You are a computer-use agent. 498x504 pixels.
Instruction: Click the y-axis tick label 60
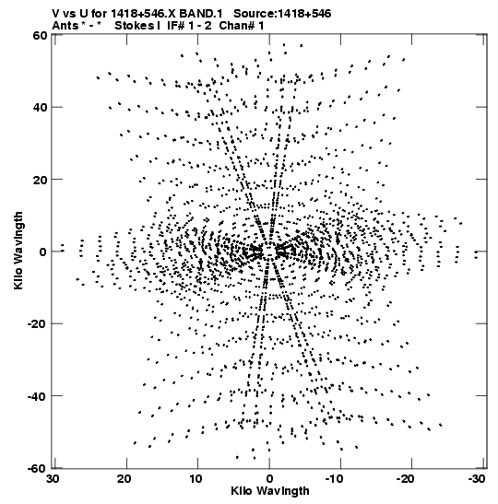coord(40,35)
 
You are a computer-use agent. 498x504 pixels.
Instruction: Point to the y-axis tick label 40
coord(40,107)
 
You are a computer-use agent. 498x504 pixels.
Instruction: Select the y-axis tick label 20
coord(40,179)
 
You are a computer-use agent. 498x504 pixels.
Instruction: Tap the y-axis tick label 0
coord(43,252)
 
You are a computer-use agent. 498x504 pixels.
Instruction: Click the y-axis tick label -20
coord(37,323)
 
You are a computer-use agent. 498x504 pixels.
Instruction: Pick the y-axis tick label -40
coord(37,395)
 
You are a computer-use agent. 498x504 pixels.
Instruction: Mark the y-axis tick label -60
coord(37,468)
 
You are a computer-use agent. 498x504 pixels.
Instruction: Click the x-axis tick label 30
coord(53,479)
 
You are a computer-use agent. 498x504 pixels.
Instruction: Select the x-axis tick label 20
coord(125,479)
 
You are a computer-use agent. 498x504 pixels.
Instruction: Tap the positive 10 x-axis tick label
coord(196,479)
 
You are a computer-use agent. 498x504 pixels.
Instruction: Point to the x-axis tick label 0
coord(269,479)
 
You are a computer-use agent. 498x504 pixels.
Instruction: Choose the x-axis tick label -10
coord(338,479)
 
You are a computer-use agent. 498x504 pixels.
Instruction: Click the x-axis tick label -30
coord(476,479)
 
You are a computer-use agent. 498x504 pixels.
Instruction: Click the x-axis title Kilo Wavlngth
coord(270,491)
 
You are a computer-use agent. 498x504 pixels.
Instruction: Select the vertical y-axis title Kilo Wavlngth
coord(18,251)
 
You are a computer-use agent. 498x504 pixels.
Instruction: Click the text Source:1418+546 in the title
coord(282,14)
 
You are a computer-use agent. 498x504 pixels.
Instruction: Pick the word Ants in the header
coord(65,26)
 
